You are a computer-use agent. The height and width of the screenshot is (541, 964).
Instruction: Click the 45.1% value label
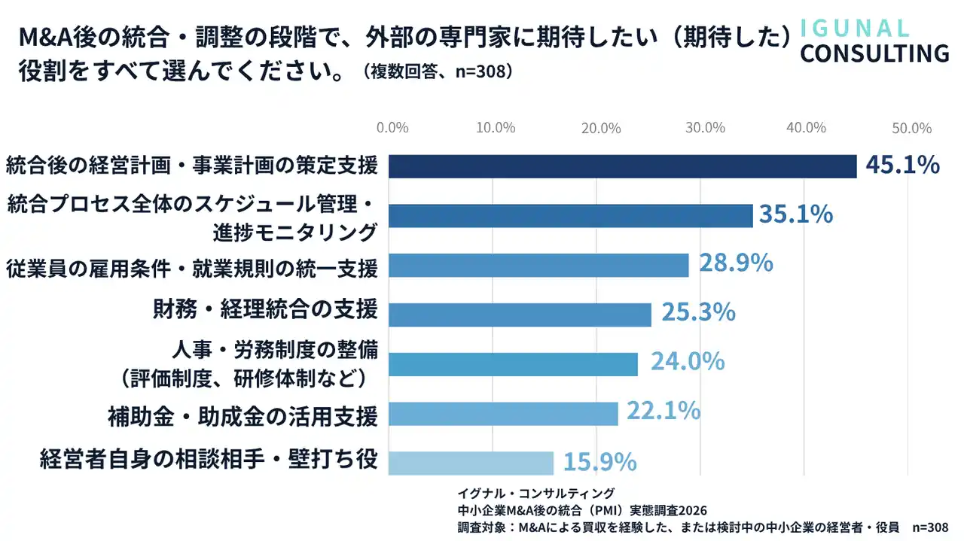coord(902,165)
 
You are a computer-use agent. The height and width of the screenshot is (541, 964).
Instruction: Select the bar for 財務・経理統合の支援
coord(520,315)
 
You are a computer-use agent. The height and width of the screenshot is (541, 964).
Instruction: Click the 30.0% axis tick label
coord(705,128)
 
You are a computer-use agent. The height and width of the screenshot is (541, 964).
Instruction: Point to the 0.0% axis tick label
coord(392,128)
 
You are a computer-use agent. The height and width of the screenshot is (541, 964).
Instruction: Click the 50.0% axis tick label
coord(911,128)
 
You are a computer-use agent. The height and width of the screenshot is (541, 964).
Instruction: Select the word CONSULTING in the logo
coord(874,53)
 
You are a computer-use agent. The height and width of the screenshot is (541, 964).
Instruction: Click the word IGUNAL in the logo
coord(854,28)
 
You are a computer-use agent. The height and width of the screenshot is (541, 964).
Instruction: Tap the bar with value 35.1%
coord(570,216)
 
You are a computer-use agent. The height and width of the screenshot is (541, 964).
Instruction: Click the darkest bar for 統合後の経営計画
coord(622,166)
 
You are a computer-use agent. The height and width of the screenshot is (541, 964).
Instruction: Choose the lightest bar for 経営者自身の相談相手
coord(471,463)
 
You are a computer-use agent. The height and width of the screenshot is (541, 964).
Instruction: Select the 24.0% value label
coord(688,361)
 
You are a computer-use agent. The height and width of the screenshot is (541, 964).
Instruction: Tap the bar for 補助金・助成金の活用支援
coord(503,414)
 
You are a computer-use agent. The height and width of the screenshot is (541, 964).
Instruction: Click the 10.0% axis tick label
coord(496,128)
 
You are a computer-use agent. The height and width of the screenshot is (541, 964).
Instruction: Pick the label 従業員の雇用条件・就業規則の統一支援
coord(191,267)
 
